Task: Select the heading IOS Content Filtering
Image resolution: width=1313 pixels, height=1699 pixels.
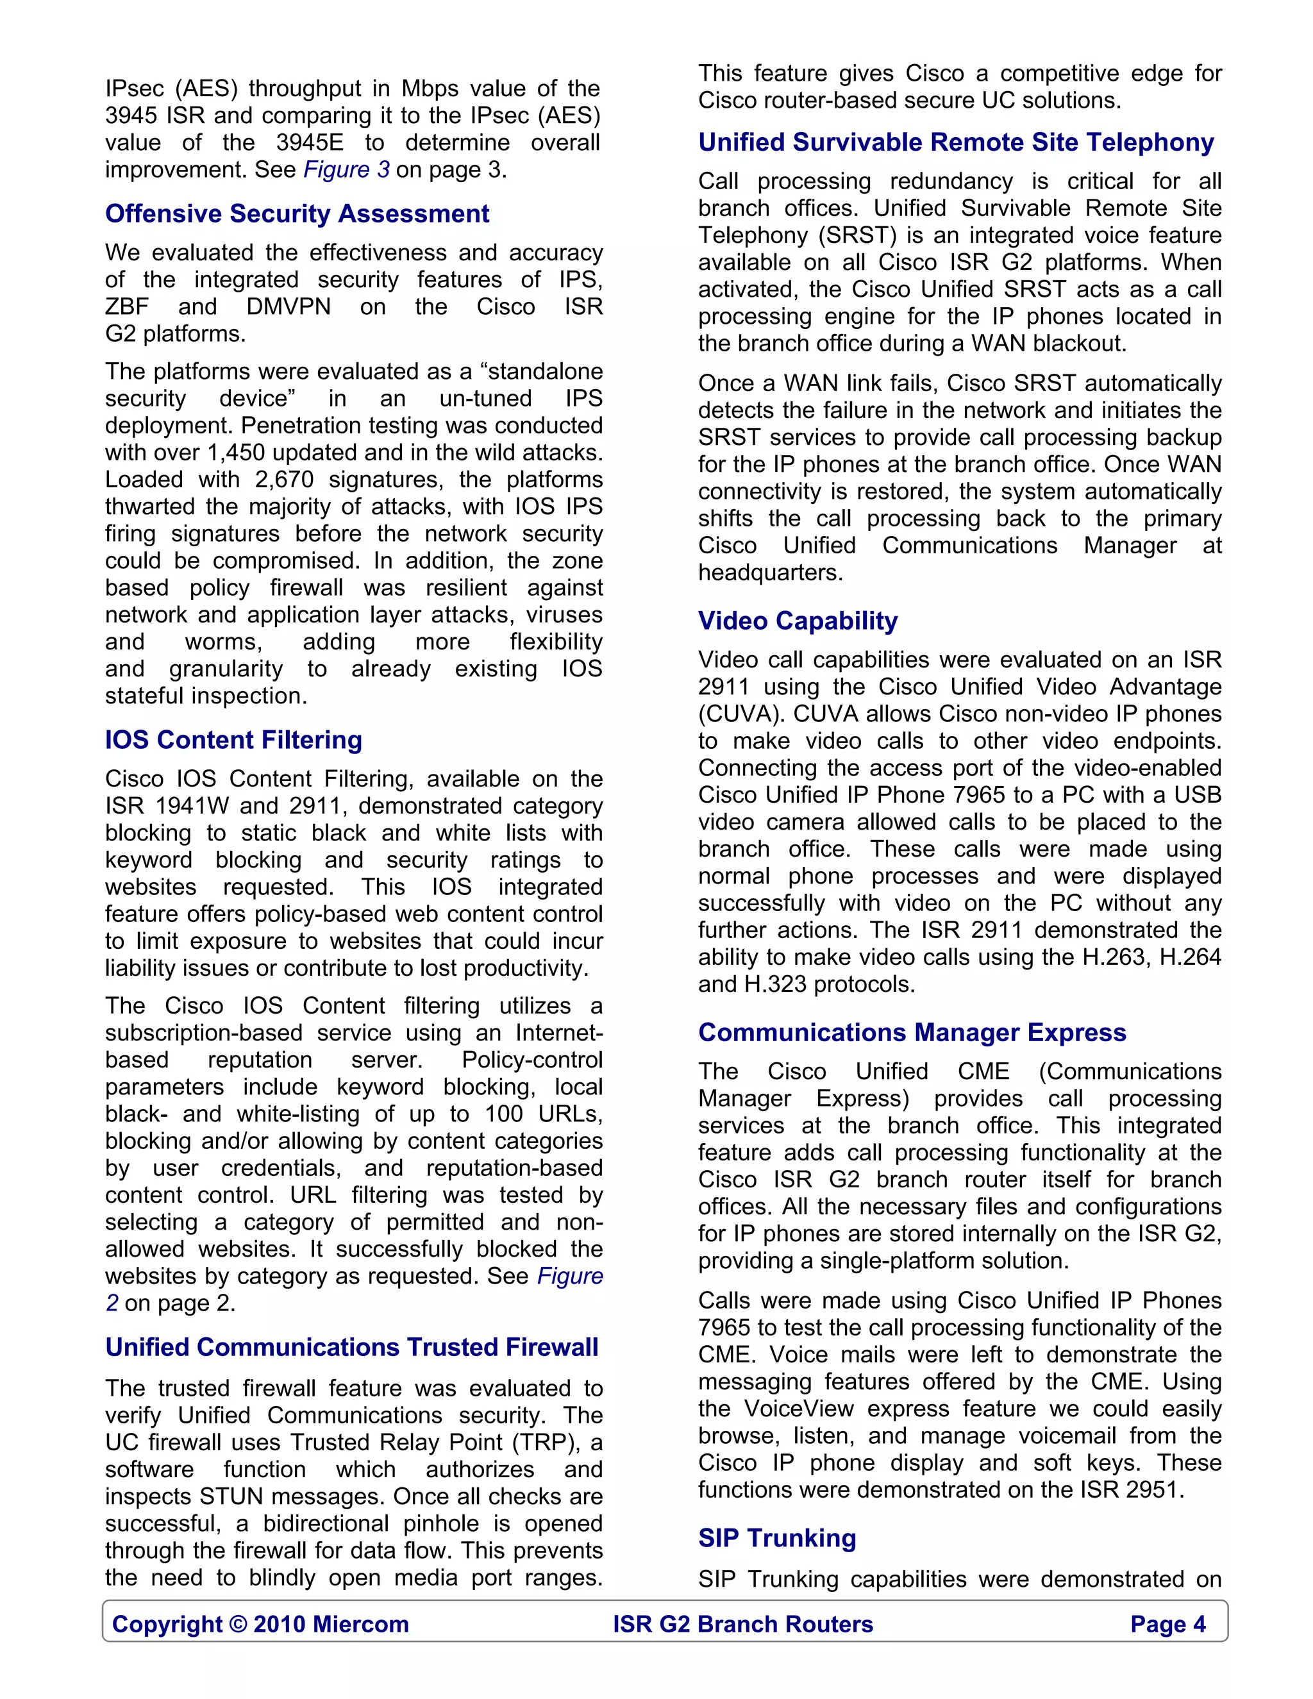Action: pos(233,740)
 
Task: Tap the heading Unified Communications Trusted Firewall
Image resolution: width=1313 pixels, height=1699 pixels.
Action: pos(351,1348)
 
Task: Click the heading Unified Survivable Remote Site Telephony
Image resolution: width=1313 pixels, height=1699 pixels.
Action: pos(956,142)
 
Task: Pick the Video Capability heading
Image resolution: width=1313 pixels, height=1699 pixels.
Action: pos(798,621)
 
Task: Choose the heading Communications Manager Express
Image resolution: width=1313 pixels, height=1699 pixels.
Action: pos(912,1032)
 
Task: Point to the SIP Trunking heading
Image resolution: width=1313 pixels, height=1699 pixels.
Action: pos(776,1538)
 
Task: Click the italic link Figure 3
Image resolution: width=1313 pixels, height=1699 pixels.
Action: pos(346,170)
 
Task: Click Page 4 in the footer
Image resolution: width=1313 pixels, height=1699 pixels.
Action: pos(1167,1625)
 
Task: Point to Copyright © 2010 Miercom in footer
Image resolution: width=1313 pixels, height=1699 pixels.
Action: pos(260,1625)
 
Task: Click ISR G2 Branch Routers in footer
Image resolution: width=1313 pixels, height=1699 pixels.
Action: pos(743,1625)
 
